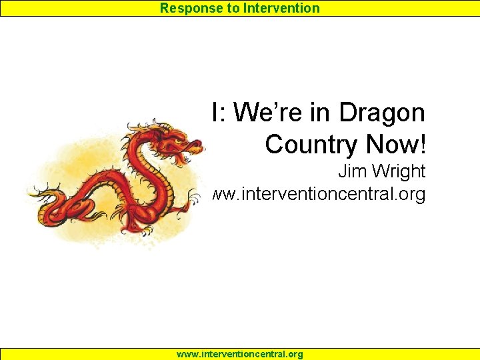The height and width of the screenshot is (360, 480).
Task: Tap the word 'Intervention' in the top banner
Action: [x=283, y=8]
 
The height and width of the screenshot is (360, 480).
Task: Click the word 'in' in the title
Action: [x=321, y=113]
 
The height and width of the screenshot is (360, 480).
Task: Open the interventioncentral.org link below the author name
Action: [x=319, y=195]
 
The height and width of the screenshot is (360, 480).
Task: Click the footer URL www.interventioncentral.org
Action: [x=239, y=354]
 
